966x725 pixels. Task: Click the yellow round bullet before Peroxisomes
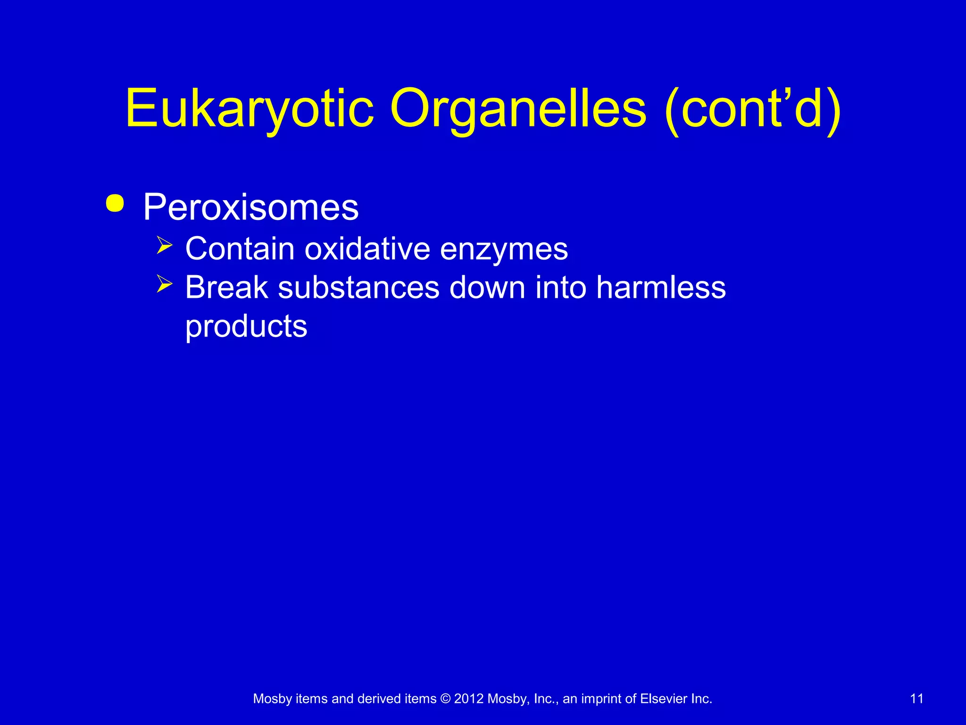coord(115,204)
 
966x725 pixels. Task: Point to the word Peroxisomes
coord(251,208)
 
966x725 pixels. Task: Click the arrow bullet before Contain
coord(165,245)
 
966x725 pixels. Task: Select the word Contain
coord(240,249)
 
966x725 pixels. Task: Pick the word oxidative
coord(367,249)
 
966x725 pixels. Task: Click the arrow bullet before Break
coord(165,284)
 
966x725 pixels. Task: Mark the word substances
coord(358,287)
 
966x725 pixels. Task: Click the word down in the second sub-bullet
coord(487,287)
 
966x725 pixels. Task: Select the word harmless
coord(661,287)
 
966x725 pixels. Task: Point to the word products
coord(246,327)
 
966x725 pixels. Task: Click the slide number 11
coord(916,699)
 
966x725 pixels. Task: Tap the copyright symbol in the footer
coord(445,699)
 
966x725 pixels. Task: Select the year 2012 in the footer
coord(469,699)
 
